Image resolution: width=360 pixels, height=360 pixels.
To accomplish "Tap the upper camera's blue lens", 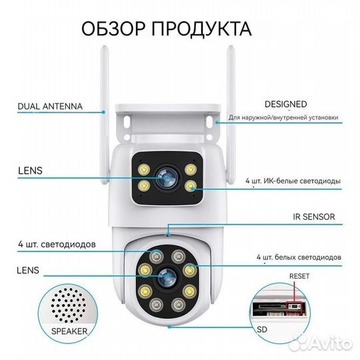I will (x=164, y=175).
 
